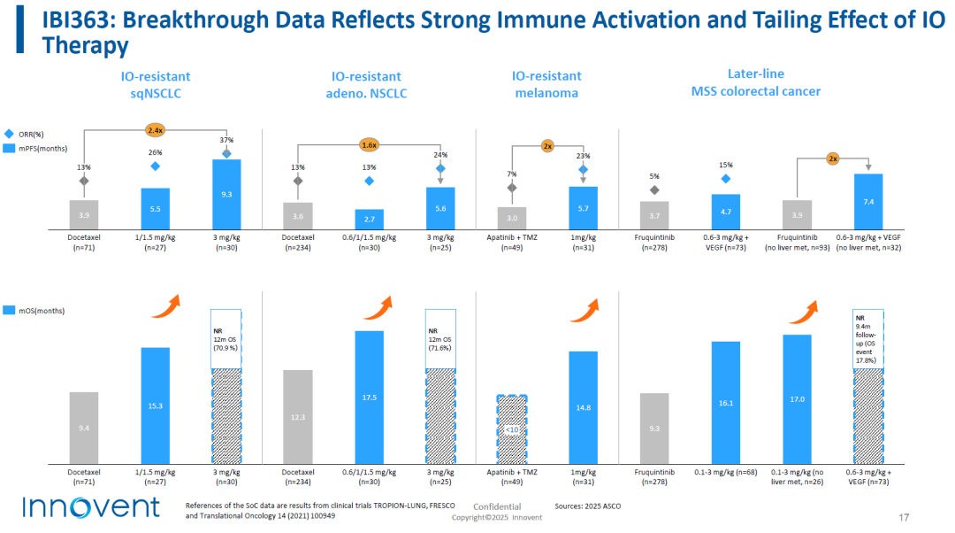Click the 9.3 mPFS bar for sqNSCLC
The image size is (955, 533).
[226, 194]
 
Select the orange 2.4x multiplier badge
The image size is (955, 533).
[156, 130]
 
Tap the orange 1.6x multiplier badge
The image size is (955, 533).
[369, 144]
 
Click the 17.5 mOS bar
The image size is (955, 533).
[369, 397]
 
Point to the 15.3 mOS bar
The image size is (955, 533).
[155, 405]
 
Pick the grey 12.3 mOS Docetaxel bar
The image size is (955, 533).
[297, 416]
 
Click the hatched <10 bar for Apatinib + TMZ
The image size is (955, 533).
[512, 429]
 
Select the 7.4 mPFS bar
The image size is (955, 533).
[868, 201]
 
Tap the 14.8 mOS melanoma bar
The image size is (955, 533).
[583, 406]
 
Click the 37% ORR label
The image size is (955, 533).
[226, 140]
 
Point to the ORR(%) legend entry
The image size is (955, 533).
[30, 134]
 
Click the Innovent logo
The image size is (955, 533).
[90, 507]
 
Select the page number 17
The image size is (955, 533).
[904, 517]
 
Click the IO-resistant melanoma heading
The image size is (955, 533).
[547, 85]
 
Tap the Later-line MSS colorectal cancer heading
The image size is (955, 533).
[755, 82]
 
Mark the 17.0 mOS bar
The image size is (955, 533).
[797, 398]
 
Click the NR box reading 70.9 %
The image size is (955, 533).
[226, 337]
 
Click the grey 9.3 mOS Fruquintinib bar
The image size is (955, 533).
[653, 428]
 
